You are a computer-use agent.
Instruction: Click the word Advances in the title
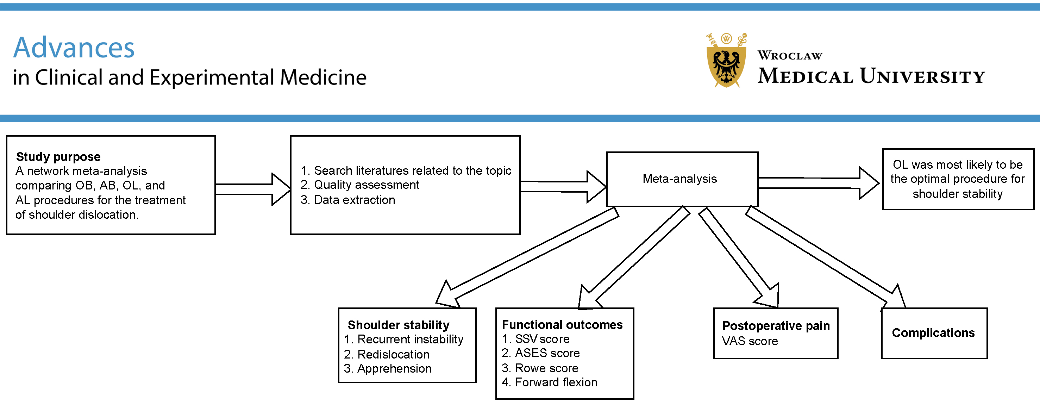[74, 48]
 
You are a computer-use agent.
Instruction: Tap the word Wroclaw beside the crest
[790, 55]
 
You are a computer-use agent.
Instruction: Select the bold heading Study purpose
[58, 157]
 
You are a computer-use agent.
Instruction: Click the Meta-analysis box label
[679, 179]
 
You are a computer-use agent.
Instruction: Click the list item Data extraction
[354, 200]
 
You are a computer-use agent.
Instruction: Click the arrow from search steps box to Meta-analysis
[563, 187]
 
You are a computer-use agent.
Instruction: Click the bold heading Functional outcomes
[562, 325]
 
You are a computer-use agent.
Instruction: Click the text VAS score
[750, 341]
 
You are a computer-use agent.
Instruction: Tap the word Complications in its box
[933, 333]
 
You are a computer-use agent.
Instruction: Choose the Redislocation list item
[393, 355]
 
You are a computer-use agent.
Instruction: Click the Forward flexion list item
[556, 382]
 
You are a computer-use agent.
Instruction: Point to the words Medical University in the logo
[871, 76]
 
